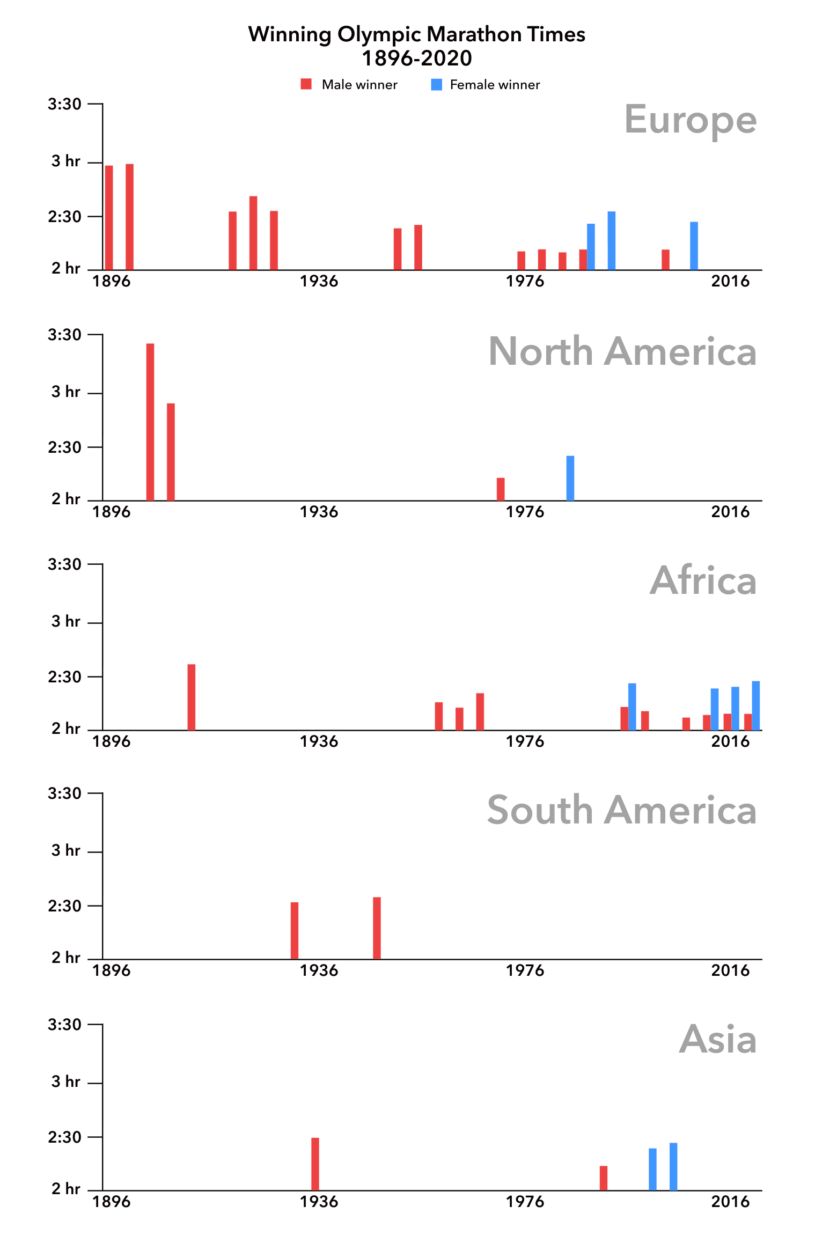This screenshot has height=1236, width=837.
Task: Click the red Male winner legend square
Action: tap(306, 84)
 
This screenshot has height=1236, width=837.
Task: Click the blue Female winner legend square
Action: tap(437, 84)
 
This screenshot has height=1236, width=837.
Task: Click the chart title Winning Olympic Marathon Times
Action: tap(416, 34)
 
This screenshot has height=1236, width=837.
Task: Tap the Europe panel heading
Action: tap(690, 120)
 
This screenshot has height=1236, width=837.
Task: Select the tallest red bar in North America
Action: tap(150, 422)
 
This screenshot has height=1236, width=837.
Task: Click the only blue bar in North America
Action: tap(570, 478)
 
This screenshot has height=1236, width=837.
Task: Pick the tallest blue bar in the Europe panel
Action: tap(612, 240)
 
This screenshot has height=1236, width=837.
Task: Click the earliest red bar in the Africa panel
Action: tap(192, 697)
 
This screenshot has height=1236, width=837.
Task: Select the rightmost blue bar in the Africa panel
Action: tap(756, 705)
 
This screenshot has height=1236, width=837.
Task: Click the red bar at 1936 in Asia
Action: tap(315, 1164)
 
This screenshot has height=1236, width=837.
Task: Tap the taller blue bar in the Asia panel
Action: tap(673, 1166)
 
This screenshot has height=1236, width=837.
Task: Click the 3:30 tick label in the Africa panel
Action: tap(64, 564)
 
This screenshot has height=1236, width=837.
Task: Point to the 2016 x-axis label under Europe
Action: tap(730, 281)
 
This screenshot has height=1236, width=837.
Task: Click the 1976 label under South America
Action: tap(525, 970)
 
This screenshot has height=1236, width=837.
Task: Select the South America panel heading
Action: tap(621, 810)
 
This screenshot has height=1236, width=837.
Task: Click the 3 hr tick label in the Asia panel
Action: tap(65, 1081)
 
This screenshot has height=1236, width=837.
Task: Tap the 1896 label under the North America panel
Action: tap(112, 512)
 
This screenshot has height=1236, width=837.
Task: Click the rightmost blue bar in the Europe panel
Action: tap(694, 246)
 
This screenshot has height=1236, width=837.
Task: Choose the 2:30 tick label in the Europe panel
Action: tap(64, 217)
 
